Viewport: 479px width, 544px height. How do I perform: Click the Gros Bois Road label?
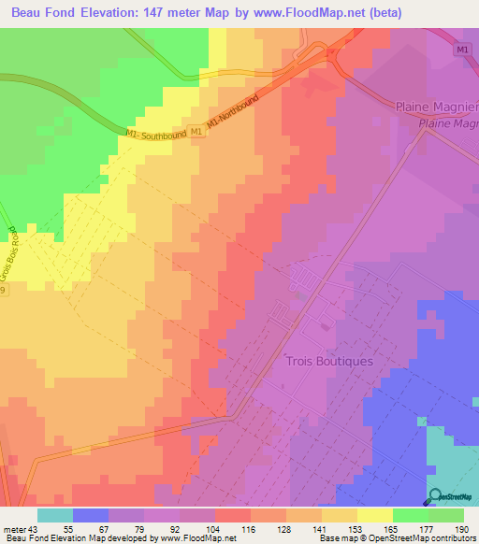coord(18,251)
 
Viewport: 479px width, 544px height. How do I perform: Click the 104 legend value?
coord(214,528)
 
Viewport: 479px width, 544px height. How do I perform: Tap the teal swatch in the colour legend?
coord(55,515)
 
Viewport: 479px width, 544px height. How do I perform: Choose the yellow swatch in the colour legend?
coord(374,515)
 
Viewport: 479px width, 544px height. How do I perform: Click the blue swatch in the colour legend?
coord(91,515)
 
